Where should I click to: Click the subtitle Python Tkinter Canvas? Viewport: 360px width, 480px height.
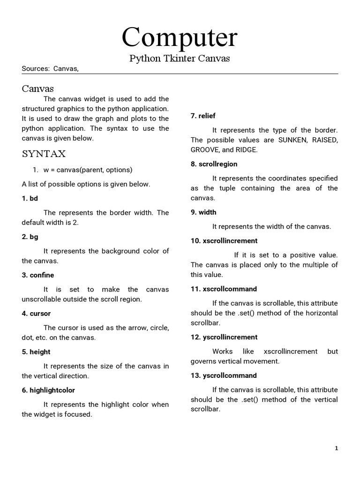point(180,59)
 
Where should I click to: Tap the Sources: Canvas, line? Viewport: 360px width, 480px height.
point(50,69)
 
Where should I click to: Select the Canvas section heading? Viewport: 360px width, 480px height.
point(38,89)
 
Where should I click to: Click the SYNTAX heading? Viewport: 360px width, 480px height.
point(44,154)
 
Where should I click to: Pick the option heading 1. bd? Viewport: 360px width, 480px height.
point(30,198)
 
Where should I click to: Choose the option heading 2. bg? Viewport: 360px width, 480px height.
point(30,237)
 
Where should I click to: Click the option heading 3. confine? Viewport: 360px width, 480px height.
point(38,275)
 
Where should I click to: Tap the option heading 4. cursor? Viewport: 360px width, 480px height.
point(36,314)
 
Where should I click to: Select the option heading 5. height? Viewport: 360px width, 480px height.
point(36,352)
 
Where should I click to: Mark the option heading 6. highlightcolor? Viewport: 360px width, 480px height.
point(48,390)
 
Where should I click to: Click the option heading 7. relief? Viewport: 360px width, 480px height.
point(203,116)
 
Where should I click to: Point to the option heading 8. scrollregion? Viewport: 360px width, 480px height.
point(214,164)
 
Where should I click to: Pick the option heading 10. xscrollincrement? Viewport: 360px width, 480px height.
point(224,240)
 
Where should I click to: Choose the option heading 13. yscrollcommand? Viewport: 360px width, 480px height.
point(224,375)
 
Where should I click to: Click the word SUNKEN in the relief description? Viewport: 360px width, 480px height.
point(292,140)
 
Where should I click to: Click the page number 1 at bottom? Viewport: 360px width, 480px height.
point(336,448)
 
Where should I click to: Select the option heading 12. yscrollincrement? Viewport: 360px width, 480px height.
point(224,337)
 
